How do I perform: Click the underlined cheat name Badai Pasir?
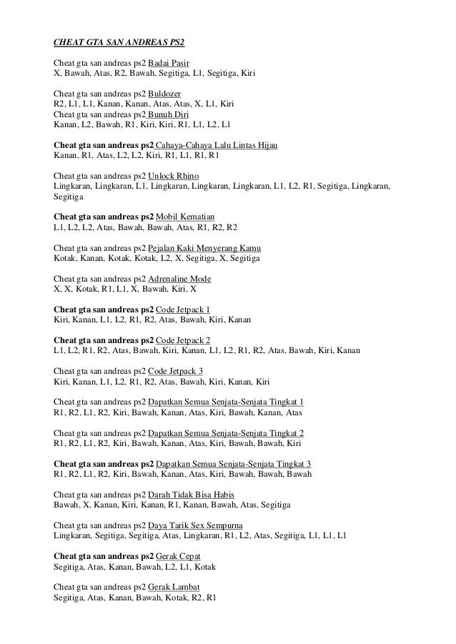pos(169,63)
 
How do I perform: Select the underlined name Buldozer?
pos(164,94)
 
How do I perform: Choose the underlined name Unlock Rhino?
pos(173,176)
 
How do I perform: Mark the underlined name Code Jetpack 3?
pos(175,371)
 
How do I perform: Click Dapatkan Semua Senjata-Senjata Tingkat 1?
pos(226,402)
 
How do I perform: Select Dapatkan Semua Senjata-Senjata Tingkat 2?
pos(226,433)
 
